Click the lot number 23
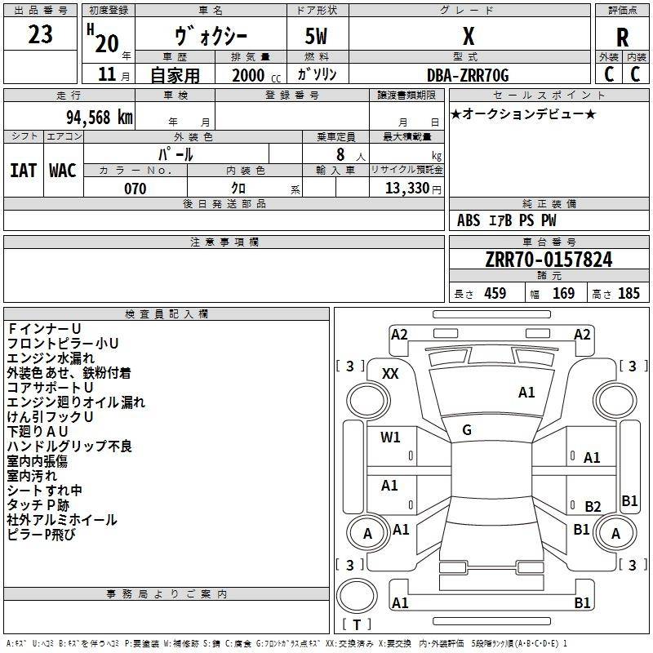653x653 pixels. pyautogui.click(x=40, y=34)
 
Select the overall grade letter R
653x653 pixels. pyautogui.click(x=622, y=38)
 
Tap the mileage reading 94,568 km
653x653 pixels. pyautogui.click(x=100, y=118)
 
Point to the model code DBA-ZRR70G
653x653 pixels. pyautogui.click(x=468, y=75)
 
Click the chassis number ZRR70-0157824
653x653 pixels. pyautogui.click(x=549, y=260)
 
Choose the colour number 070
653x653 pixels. pyautogui.click(x=135, y=189)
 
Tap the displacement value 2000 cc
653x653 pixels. pyautogui.click(x=256, y=75)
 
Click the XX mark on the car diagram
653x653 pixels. pyautogui.click(x=390, y=374)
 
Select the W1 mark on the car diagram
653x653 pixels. pyautogui.click(x=390, y=437)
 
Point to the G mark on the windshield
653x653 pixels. pyautogui.click(x=467, y=430)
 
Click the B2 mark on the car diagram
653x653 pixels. pyautogui.click(x=593, y=506)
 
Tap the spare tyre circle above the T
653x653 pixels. pyautogui.click(x=357, y=596)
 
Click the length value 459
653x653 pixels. pyautogui.click(x=495, y=293)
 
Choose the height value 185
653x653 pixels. pyautogui.click(x=629, y=293)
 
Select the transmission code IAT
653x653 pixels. pyautogui.click(x=24, y=171)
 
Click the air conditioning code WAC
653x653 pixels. pyautogui.click(x=63, y=171)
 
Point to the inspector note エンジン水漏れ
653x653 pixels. pyautogui.click(x=51, y=358)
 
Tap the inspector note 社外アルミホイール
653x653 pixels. pyautogui.click(x=62, y=520)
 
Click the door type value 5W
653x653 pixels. pyautogui.click(x=316, y=36)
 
